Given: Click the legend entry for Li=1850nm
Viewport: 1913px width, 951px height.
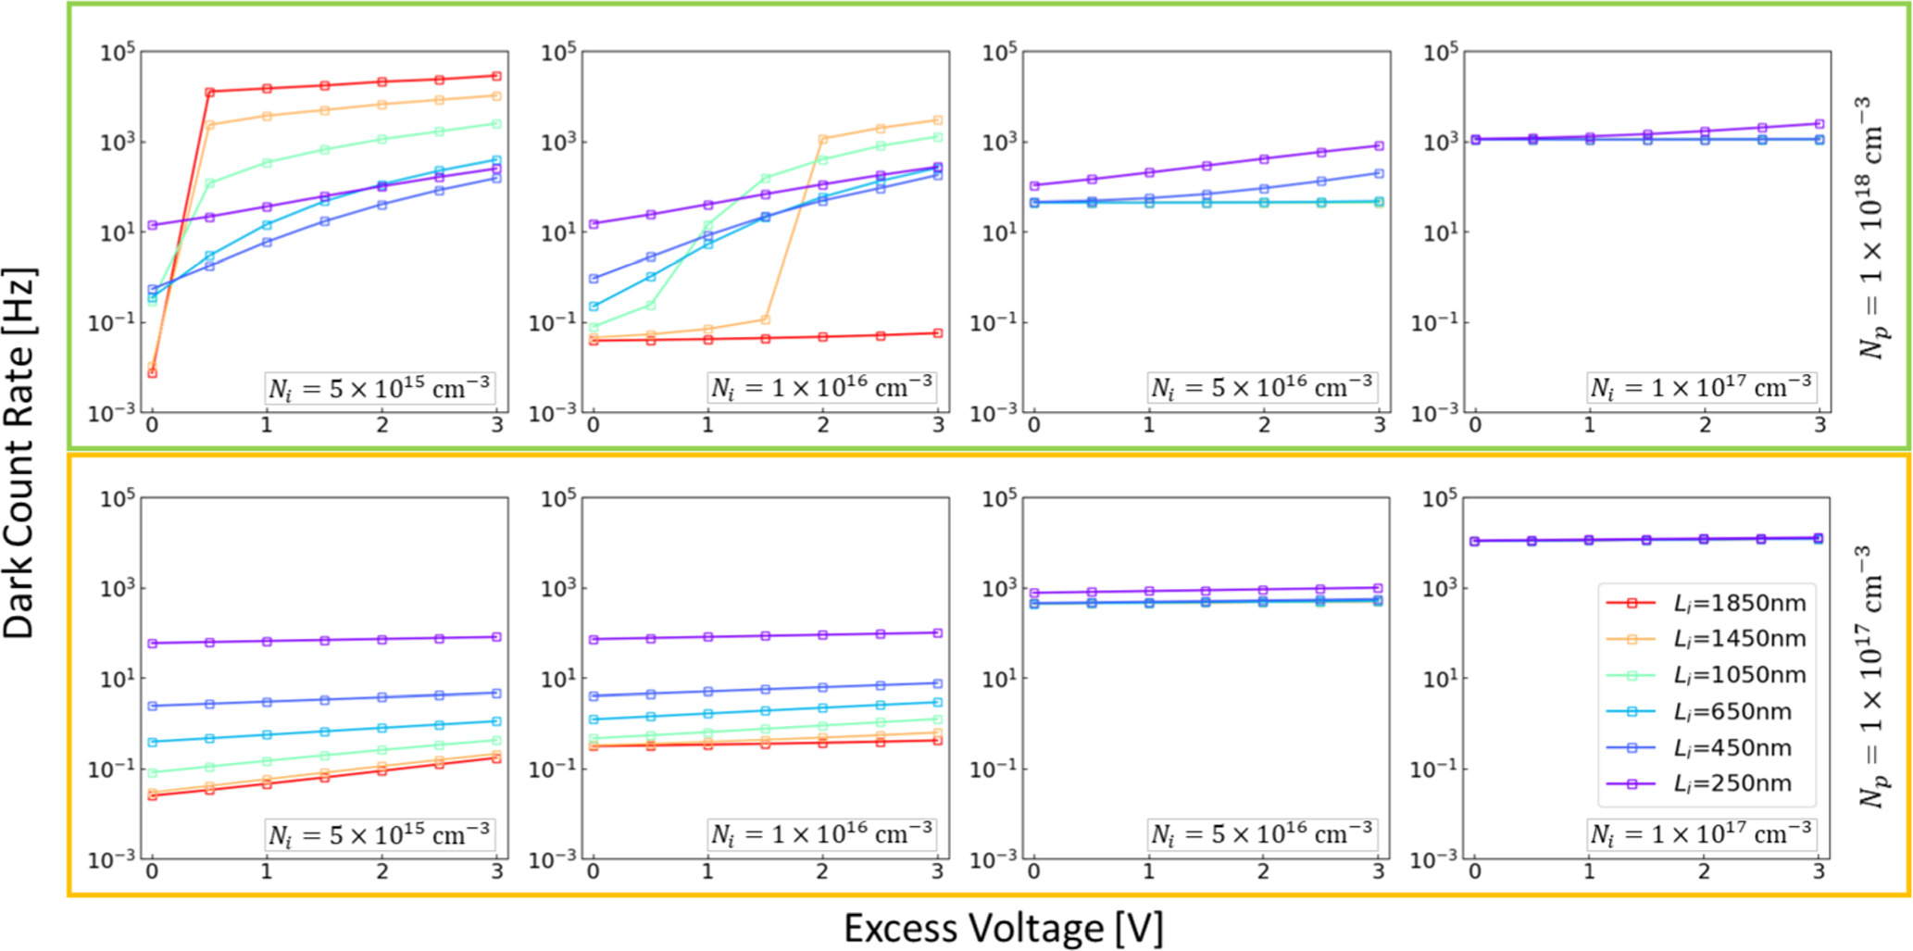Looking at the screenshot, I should pos(1739,604).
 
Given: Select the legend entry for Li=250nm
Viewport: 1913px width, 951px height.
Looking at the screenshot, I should pos(1732,784).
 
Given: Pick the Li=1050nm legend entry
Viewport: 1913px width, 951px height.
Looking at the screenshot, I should pos(1739,676).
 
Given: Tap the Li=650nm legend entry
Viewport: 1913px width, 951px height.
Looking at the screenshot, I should pos(1732,712).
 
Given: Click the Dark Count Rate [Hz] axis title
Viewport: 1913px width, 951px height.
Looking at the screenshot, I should pos(20,454).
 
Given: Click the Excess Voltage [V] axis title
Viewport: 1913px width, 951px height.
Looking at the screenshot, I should pos(1003,928).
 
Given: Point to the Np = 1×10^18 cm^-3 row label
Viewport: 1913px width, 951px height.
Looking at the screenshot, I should pos(1872,227).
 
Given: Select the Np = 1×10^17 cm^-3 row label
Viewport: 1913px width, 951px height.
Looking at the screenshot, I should pos(1872,676).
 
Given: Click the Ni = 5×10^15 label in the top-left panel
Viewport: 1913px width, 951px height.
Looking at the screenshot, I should pos(379,388).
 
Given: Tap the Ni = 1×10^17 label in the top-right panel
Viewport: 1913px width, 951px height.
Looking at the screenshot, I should pos(1701,388).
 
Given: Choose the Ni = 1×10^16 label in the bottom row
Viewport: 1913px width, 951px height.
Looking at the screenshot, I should pos(821,835).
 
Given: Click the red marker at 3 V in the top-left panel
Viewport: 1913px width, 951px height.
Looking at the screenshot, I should pos(496,76).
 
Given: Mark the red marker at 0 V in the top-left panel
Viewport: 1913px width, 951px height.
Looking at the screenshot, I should pos(153,372).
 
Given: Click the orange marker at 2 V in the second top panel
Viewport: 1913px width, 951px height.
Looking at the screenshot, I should pos(823,139).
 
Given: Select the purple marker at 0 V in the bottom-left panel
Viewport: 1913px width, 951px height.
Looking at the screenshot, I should pos(153,644).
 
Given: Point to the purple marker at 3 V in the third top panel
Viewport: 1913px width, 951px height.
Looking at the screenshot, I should pos(1379,145).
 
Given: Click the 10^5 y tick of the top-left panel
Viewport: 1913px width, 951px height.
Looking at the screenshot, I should pos(118,53).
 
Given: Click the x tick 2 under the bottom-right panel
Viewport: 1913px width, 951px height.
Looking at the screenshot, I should pos(1704,871).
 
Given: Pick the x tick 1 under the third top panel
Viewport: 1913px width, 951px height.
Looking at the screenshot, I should pos(1149,424).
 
